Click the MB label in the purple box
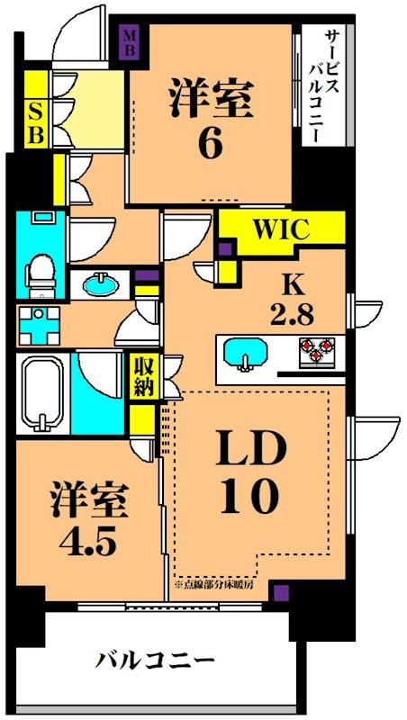(x=131, y=40)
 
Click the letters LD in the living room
(x=249, y=449)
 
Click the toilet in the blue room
(x=40, y=270)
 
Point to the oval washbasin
(x=99, y=285)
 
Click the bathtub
(x=42, y=394)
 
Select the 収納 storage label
(x=143, y=376)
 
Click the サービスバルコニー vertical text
(x=321, y=85)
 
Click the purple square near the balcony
(x=283, y=592)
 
